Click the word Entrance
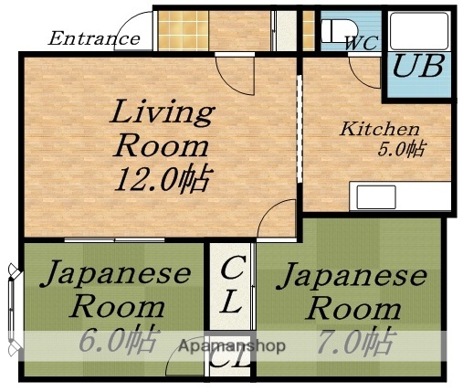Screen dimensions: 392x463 [93, 39]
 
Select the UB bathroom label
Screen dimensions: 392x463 [418, 67]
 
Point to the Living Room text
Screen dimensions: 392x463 [162, 129]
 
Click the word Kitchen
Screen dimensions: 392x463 [380, 129]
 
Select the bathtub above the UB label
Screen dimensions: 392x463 [417, 29]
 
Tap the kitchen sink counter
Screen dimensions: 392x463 [401, 196]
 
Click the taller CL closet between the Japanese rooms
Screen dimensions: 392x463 [232, 285]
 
